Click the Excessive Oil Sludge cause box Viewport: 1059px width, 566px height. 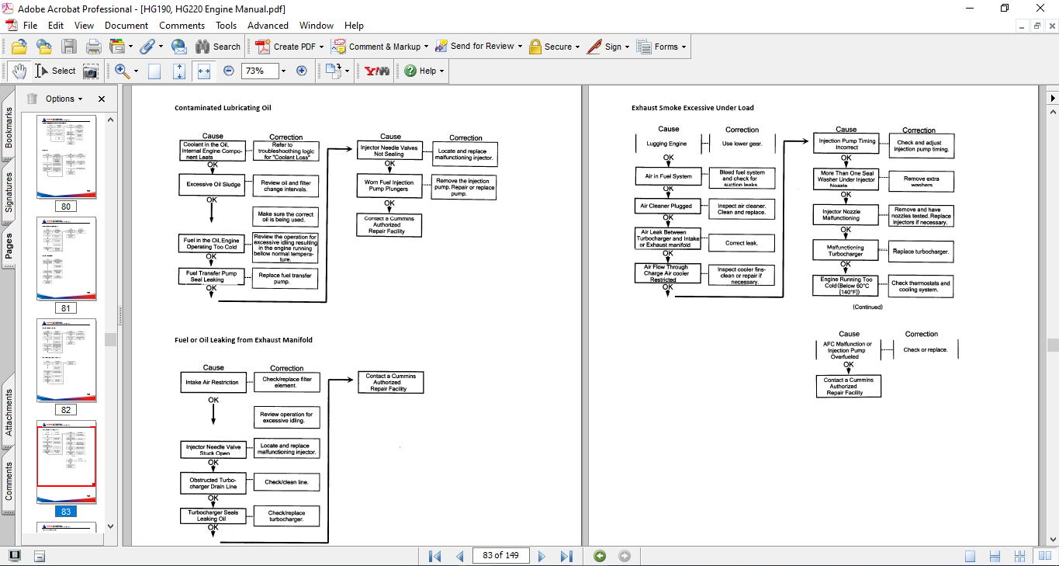213,185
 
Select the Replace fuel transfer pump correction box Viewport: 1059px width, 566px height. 285,278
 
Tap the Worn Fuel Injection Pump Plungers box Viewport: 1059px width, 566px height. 390,186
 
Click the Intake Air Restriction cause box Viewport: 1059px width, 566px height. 213,382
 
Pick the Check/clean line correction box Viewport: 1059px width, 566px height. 286,482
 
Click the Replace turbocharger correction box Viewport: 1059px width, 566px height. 920,252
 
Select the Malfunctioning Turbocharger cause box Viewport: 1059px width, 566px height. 846,251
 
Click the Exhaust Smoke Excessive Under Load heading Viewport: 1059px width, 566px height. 692,108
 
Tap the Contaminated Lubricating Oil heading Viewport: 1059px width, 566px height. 223,108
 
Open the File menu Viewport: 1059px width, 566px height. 30,26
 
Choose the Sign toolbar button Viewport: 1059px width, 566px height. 606,47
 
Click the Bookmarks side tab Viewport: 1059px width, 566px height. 9,128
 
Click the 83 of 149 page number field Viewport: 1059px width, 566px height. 500,556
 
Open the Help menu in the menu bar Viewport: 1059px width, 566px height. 354,26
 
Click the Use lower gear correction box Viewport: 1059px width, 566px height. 742,144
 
